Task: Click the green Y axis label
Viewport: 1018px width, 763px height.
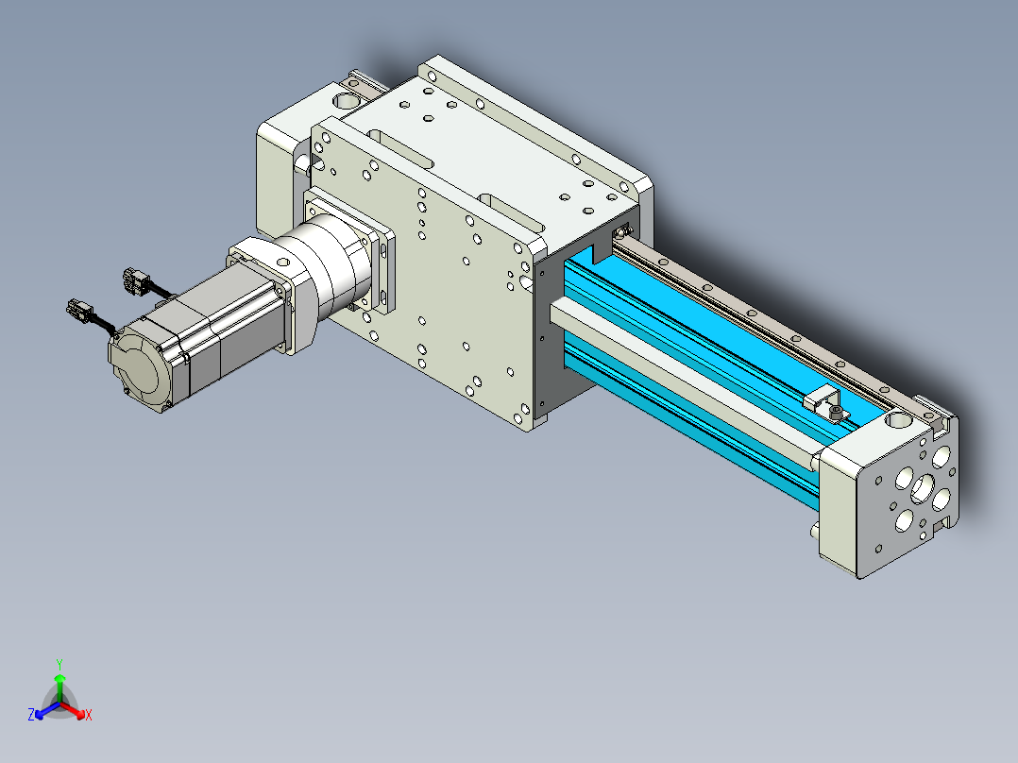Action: [59, 664]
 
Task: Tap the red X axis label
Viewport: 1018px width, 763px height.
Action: [89, 715]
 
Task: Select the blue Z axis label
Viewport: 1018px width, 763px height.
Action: [31, 714]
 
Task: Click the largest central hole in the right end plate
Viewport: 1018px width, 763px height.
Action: [922, 488]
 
